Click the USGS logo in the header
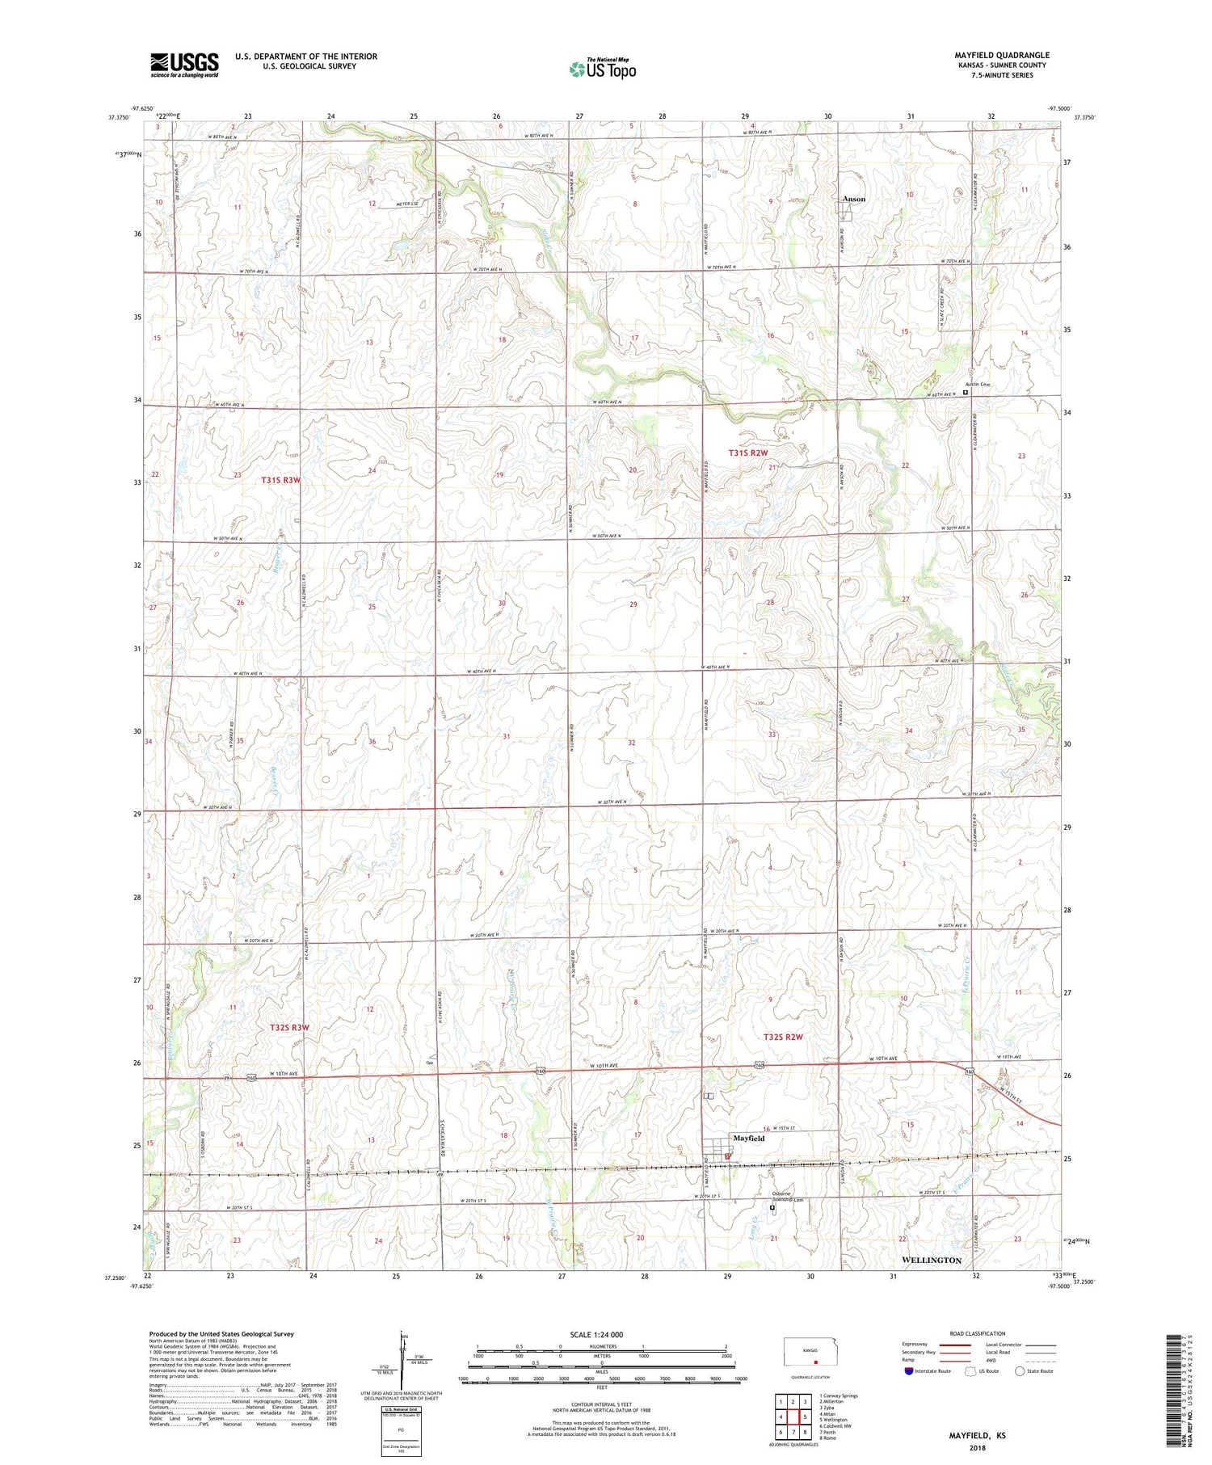(184, 65)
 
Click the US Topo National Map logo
(602, 69)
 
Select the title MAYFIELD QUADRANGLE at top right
(1001, 55)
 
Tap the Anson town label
(853, 199)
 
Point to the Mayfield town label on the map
(748, 1138)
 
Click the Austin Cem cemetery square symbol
(965, 393)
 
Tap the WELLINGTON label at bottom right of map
(931, 1260)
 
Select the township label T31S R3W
(280, 480)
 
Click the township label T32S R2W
(783, 1037)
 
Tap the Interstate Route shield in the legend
(910, 1371)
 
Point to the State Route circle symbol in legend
(1021, 1371)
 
